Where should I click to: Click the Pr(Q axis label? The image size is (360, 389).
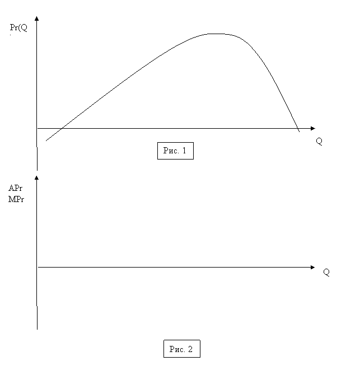tap(18, 27)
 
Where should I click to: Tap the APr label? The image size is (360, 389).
tap(15, 188)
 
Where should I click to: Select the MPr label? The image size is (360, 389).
tap(16, 199)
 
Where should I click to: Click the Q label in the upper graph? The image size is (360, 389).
tap(319, 142)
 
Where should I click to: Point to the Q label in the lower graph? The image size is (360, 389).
tap(326, 273)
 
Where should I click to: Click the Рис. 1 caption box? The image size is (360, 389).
tap(175, 151)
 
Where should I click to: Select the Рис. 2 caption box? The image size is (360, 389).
tap(182, 349)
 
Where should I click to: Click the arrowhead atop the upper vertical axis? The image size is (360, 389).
tap(37, 18)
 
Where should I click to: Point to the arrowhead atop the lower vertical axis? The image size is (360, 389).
tap(37, 177)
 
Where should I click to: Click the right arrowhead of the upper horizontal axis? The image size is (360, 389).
tap(313, 129)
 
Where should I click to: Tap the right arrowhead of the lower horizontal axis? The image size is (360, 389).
tap(312, 267)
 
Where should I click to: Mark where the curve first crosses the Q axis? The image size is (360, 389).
tap(62, 129)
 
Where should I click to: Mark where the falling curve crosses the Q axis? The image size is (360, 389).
tap(298, 129)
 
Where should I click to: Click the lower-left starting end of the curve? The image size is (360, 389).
tap(46, 140)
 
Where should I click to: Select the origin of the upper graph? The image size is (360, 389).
tap(37, 129)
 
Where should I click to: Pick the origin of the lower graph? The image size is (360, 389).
tap(37, 267)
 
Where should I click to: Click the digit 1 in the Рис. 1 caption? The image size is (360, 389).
tap(184, 151)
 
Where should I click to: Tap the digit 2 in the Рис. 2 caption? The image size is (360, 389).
tap(190, 349)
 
